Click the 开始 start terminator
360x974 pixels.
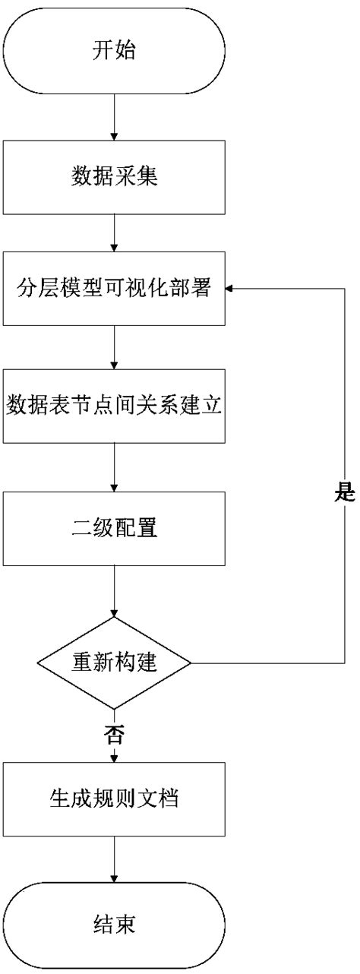(114, 52)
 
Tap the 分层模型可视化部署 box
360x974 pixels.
(114, 289)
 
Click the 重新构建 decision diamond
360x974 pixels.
(114, 663)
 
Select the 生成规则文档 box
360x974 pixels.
(114, 798)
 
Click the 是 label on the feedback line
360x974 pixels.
(344, 494)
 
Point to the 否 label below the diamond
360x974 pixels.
(114, 734)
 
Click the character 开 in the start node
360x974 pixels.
(103, 52)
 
